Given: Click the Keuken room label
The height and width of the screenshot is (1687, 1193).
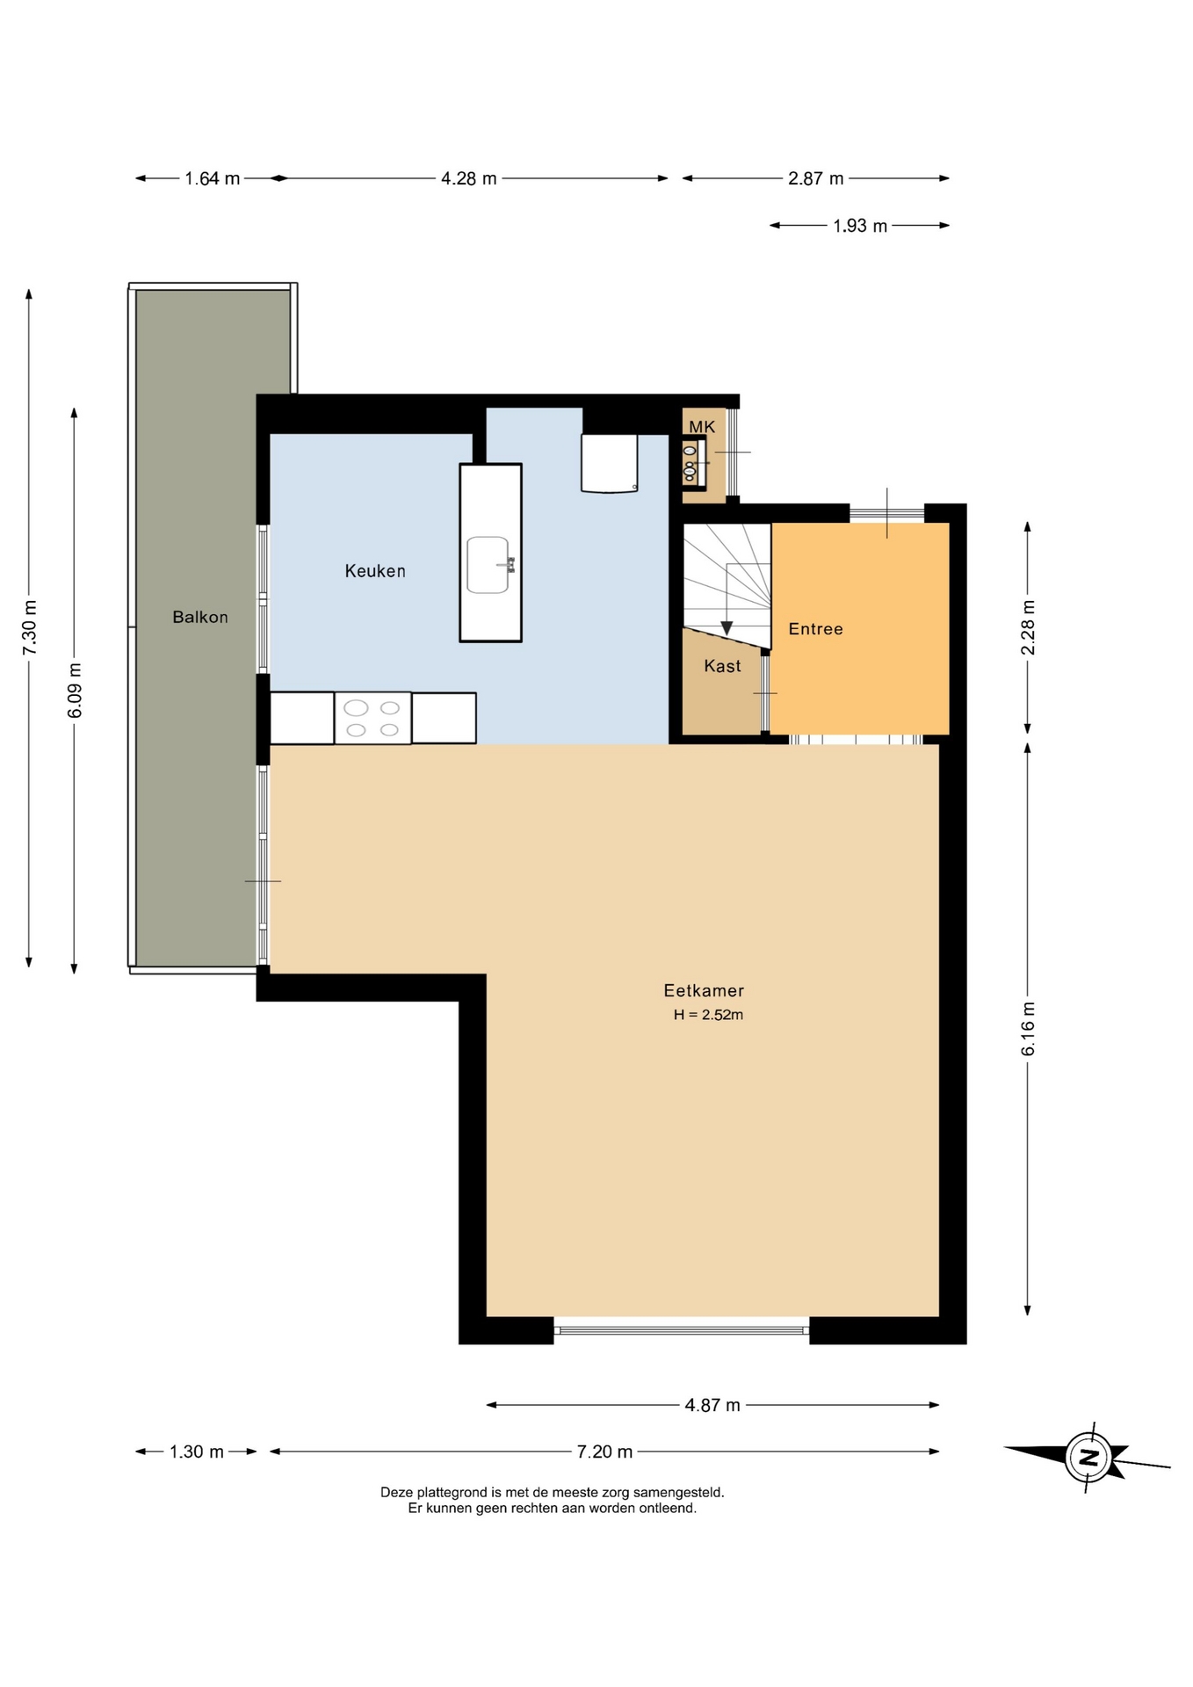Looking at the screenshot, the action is [x=375, y=571].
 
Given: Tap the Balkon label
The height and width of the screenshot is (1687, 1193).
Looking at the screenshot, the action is [x=200, y=617].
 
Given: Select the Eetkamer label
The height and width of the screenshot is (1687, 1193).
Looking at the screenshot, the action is [x=704, y=990].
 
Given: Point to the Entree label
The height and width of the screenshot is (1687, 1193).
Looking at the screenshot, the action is [x=815, y=629].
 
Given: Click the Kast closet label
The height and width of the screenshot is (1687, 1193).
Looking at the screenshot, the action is [x=722, y=666].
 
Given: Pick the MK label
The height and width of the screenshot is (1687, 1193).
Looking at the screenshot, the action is [x=702, y=427].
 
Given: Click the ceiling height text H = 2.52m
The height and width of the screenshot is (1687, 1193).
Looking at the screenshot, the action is [x=708, y=1015].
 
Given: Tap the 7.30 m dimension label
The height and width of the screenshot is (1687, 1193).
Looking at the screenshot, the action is [x=30, y=626].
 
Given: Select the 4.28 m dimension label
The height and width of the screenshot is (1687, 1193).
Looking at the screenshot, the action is [x=468, y=178].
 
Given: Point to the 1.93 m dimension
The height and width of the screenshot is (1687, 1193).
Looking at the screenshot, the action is [x=860, y=226].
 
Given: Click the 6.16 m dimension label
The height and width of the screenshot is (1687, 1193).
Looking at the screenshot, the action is [x=1028, y=1029].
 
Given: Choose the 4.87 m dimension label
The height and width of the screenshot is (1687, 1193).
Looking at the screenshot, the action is [x=712, y=1405].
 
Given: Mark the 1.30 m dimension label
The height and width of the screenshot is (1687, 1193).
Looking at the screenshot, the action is [x=196, y=1452].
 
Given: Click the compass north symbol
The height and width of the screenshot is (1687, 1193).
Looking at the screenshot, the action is [x=1089, y=1458].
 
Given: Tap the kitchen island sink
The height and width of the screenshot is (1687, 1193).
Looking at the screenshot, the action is [x=488, y=565].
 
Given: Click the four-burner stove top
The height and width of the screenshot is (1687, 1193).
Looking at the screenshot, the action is [x=372, y=719].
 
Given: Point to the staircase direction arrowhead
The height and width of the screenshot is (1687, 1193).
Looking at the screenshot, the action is [x=727, y=627].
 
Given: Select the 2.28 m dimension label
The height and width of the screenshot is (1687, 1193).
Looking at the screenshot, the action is [x=1028, y=627].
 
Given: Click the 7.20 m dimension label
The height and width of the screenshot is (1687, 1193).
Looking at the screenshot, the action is [x=604, y=1452].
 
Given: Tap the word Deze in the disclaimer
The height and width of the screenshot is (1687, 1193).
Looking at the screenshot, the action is [x=397, y=1492].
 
